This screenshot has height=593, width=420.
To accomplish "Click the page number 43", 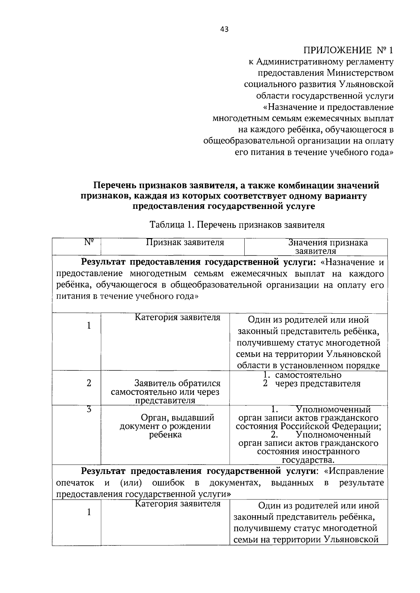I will click(224, 30).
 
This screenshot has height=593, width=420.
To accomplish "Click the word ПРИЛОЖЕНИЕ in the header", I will click(338, 50).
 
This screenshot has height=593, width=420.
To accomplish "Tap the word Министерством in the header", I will click(360, 73).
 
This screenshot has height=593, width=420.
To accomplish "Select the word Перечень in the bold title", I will click(113, 186).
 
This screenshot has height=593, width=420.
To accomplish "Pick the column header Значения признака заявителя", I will click(328, 247).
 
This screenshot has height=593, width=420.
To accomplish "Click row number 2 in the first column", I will click(89, 383).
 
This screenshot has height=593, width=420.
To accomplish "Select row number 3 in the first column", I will click(89, 409).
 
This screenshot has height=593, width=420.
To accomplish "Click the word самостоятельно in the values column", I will click(308, 375).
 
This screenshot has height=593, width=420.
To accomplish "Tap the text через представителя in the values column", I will click(317, 384).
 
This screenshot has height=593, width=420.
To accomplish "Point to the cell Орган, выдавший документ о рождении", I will click(165, 426).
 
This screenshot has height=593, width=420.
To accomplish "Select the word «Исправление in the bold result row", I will click(354, 471).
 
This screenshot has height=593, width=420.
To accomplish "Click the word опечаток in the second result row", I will click(75, 483).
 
